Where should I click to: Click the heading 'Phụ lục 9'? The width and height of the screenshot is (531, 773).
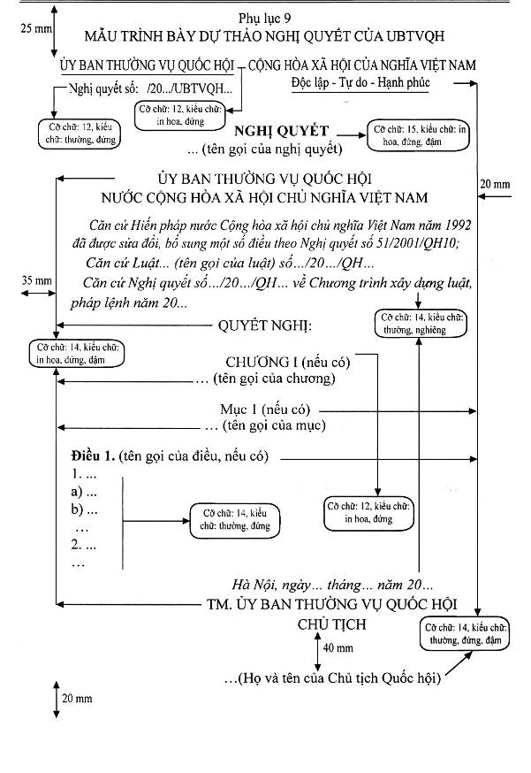264,19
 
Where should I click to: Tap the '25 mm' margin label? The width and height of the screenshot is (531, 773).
36,28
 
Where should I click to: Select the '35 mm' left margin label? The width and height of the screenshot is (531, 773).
36,280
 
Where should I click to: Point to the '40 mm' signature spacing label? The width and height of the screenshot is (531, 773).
338,647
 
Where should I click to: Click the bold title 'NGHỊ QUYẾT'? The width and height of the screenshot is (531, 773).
281,132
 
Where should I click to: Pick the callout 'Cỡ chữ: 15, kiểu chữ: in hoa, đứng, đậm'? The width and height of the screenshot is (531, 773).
419,135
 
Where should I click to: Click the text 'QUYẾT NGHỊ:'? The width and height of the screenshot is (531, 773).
265,325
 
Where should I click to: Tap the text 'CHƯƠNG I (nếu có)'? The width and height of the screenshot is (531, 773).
288,363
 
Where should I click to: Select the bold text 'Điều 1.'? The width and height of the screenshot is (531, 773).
93,455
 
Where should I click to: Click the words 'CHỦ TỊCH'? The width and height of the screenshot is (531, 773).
332,624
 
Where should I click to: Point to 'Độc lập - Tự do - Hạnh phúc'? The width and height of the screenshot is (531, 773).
360,82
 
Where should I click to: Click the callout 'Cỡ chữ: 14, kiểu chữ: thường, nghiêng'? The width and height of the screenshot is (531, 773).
421,324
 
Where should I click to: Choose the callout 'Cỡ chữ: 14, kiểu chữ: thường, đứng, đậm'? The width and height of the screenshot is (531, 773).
465,633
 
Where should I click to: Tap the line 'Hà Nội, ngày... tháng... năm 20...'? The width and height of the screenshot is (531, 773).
332,585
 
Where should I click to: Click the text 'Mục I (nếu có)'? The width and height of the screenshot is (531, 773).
265,409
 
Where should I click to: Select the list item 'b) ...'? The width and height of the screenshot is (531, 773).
84,509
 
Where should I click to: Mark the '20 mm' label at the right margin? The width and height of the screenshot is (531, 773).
495,184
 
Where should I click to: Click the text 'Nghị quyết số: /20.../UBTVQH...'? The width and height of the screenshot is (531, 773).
150,88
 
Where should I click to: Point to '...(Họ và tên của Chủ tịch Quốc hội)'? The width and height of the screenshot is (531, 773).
332,678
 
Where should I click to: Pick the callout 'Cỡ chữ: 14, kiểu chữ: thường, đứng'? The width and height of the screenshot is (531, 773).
235,520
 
